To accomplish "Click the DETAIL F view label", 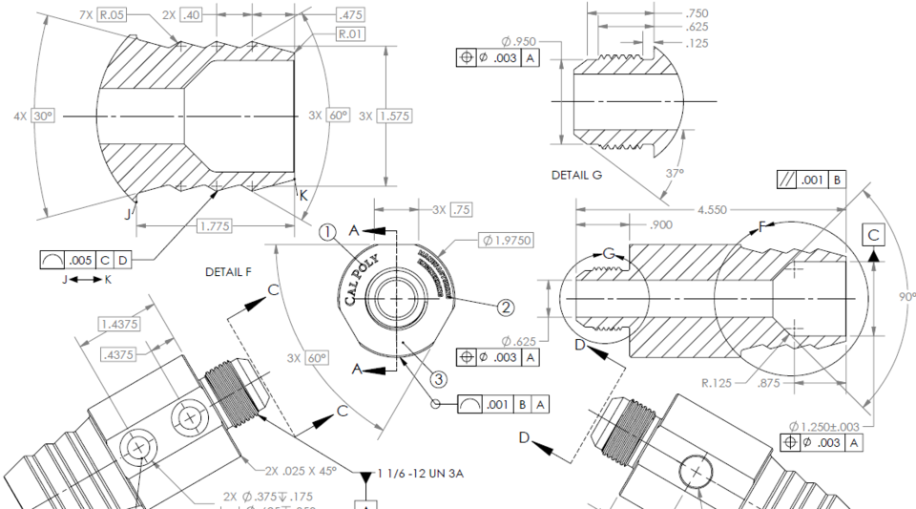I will tap(228, 272).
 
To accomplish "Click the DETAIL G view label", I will tap(576, 176).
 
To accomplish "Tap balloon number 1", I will tap(326, 231).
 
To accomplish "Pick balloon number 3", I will tap(438, 379).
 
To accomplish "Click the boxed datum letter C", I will tap(874, 232).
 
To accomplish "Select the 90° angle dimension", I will tap(902, 297).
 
